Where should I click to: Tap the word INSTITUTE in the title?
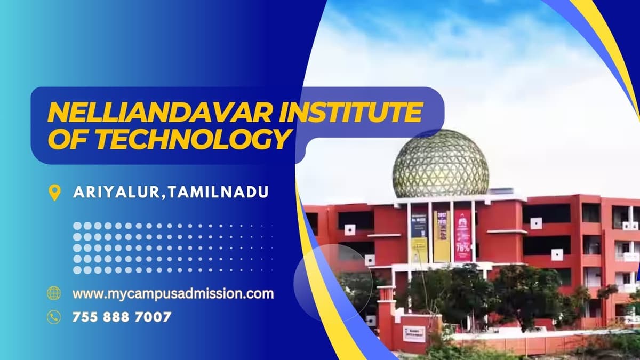click(346, 113)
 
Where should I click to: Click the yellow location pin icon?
click(54, 193)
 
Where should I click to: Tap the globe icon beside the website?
click(54, 293)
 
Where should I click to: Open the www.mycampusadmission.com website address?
click(173, 293)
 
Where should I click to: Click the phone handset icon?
click(54, 317)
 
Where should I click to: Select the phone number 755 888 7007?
click(122, 317)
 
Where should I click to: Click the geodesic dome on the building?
click(441, 164)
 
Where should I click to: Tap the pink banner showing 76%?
click(463, 235)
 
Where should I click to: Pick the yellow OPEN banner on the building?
click(442, 235)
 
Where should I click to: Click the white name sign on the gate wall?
click(414, 333)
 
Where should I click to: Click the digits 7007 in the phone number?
click(154, 317)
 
